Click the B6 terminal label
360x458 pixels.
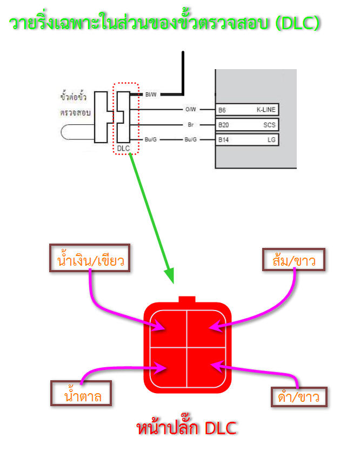(222, 110)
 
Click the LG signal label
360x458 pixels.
(271, 139)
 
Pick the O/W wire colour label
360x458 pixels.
(190, 109)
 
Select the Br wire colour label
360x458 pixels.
(191, 124)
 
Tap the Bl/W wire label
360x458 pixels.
(151, 95)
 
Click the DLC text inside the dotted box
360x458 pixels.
(123, 147)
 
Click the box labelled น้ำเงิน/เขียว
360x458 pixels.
(90, 261)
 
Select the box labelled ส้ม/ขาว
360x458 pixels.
(295, 260)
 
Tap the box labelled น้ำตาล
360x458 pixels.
(81, 394)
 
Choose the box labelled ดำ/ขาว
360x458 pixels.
(299, 397)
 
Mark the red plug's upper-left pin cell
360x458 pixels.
(168, 328)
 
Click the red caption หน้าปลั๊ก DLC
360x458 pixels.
(186, 428)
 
